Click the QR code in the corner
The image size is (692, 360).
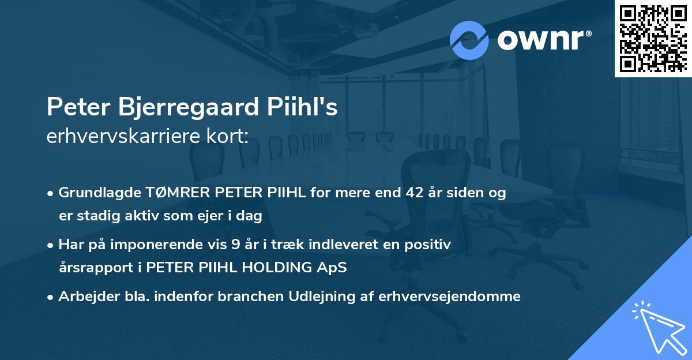653,38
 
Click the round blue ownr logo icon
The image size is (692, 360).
469,40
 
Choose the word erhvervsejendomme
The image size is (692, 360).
450,297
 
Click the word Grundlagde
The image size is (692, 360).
95,193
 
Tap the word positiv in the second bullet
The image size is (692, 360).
429,245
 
